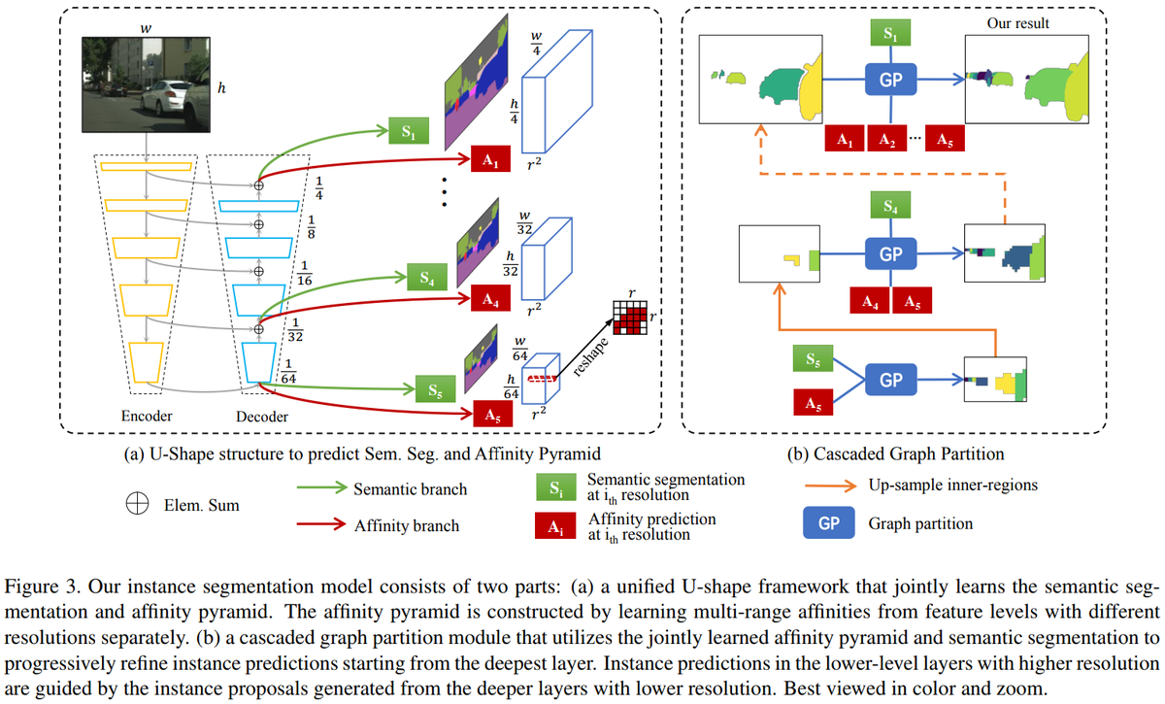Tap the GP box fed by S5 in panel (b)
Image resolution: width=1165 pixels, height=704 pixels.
click(x=890, y=381)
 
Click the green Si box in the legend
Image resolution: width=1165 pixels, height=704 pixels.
click(x=553, y=488)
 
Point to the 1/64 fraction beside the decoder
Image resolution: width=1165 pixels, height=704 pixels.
click(x=287, y=370)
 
